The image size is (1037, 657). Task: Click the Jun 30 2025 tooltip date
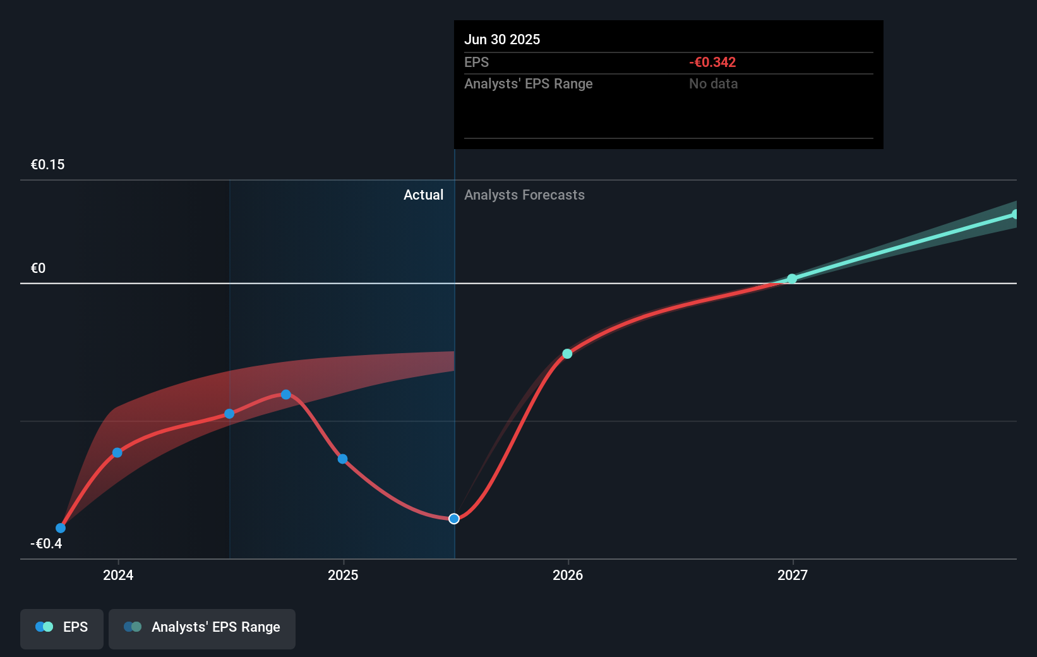[502, 39]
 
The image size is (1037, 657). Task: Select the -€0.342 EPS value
[712, 62]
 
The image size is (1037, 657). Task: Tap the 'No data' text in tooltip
[713, 83]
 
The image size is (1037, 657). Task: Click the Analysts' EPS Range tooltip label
[528, 83]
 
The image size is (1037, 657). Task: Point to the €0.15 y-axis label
[47, 164]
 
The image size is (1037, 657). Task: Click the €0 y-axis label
[38, 268]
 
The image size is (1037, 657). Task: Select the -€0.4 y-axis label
[46, 543]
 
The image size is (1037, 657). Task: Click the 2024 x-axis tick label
[118, 575]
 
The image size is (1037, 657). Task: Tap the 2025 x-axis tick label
[343, 575]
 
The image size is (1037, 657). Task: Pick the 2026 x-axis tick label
[568, 575]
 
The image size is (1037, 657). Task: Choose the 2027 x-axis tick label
[793, 575]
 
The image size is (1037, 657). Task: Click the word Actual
[423, 195]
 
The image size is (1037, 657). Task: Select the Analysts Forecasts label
[524, 195]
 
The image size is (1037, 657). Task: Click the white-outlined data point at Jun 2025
[454, 519]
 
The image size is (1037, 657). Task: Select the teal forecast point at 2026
[567, 354]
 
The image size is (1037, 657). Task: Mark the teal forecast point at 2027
[792, 279]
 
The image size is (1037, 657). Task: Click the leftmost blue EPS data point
[61, 528]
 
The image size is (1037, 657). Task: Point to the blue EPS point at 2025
[342, 459]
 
